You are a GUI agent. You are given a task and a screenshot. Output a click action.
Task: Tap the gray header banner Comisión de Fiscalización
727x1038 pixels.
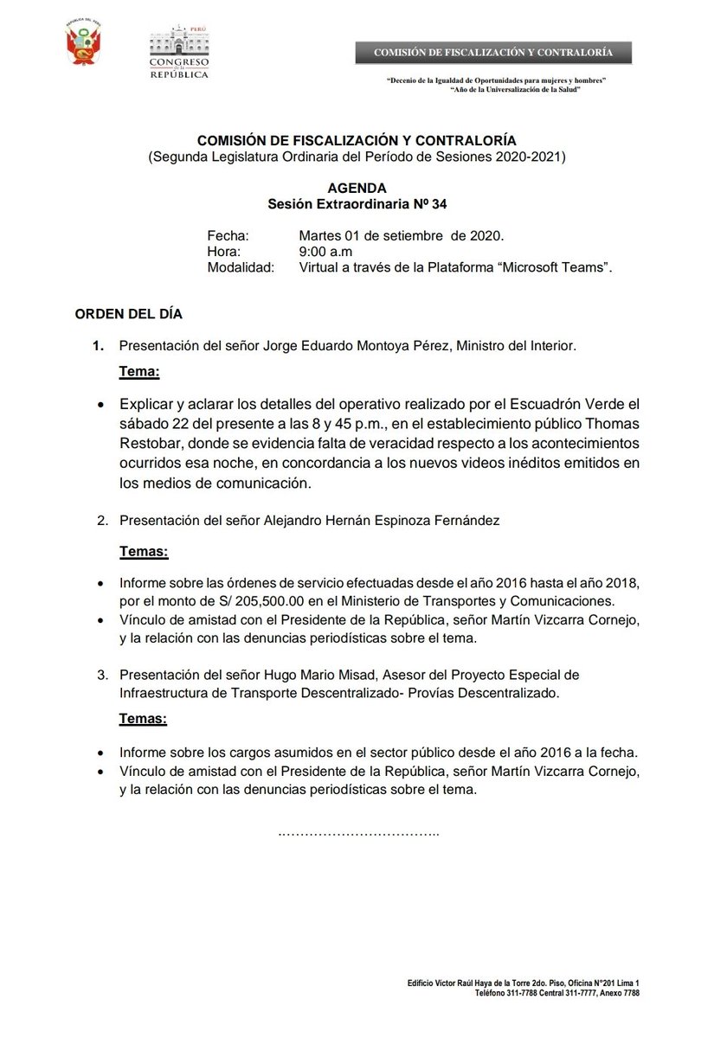(492, 53)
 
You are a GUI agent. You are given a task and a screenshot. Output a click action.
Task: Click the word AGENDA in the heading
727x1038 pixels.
(357, 188)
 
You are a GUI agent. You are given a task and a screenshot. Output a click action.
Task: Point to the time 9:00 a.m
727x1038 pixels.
(325, 251)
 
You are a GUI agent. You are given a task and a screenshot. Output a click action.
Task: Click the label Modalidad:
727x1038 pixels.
(240, 267)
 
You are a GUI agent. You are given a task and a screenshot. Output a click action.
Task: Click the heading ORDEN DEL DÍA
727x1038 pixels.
(129, 313)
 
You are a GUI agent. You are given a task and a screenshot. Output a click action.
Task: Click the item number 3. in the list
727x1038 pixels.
(102, 674)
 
